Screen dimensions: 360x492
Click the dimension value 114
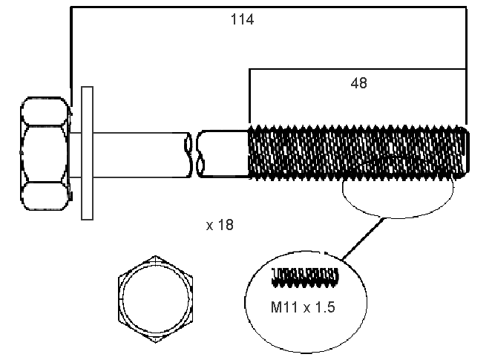[242, 20]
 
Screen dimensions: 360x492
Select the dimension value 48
[358, 83]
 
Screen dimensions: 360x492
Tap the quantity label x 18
[220, 224]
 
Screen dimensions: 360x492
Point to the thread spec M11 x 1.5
[304, 306]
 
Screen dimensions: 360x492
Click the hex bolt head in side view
[45, 152]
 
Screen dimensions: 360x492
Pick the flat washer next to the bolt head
[87, 153]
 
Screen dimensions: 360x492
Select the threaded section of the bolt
[356, 153]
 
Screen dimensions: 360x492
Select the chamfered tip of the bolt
[465, 153]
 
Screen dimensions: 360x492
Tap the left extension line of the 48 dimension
[249, 96]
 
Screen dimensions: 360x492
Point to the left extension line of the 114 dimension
[70, 52]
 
